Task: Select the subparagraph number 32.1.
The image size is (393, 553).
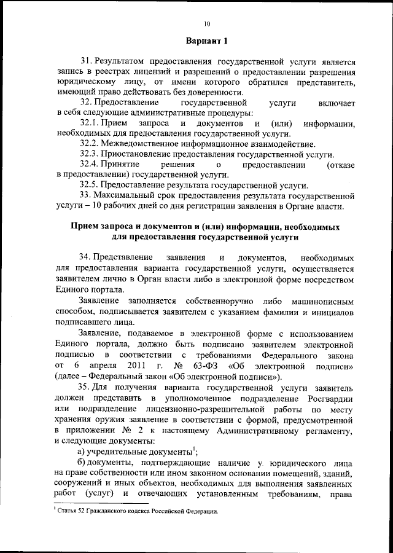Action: click(x=90, y=124)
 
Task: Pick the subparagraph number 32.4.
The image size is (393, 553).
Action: click(x=90, y=165)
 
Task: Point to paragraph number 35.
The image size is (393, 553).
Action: click(x=86, y=388)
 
